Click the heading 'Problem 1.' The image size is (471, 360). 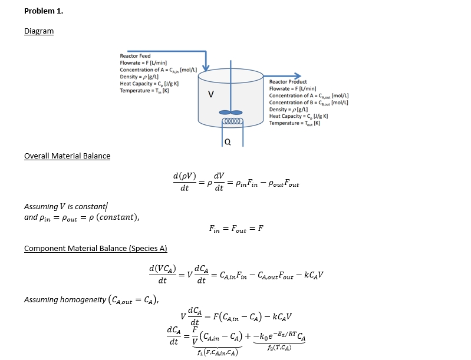coord(43,11)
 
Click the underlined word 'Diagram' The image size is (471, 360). coord(38,31)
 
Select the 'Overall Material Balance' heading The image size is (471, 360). coord(67,156)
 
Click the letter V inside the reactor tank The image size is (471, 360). coord(210,95)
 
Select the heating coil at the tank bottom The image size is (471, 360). coord(230,122)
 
